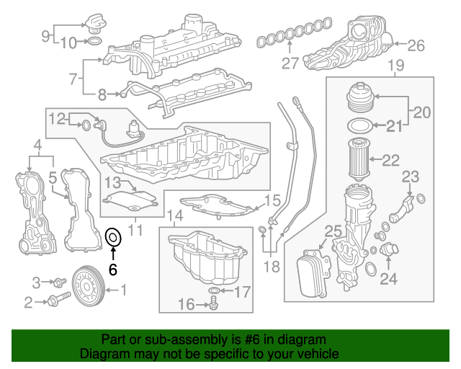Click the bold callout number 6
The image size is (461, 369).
(x=112, y=269)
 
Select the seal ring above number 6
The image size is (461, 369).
(x=112, y=236)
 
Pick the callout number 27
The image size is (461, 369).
(x=290, y=63)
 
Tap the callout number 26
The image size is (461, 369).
(x=417, y=47)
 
